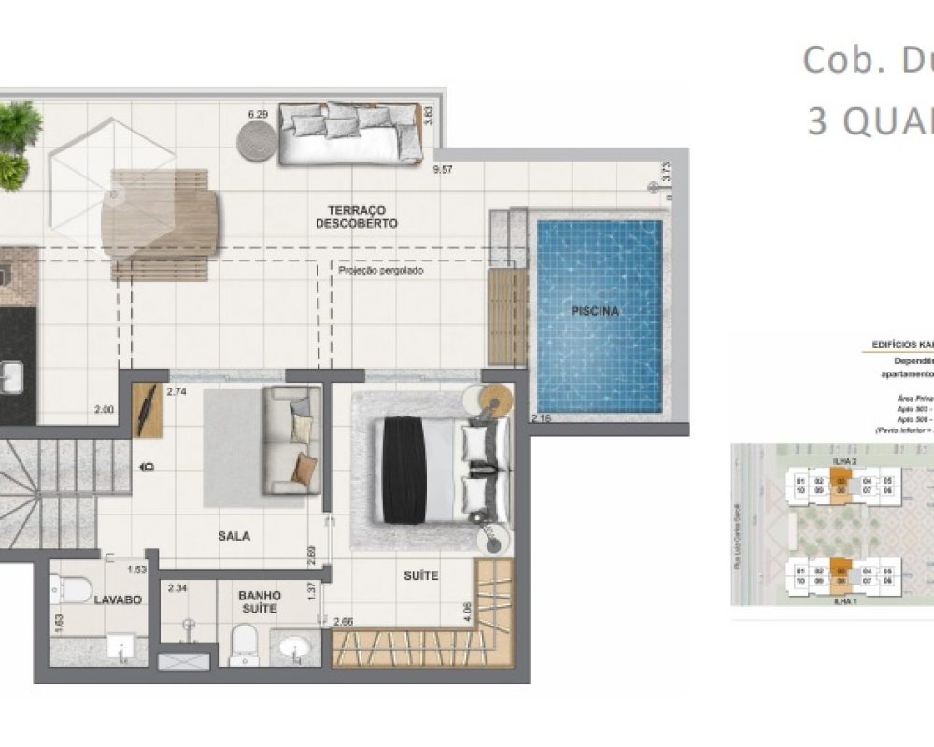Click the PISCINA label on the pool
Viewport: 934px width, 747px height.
pos(596,311)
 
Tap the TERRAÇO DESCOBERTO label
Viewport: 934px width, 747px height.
pos(357,217)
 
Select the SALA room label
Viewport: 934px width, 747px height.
pos(233,536)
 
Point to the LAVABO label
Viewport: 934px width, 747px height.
pos(118,599)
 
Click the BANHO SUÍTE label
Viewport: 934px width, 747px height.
pos(260,601)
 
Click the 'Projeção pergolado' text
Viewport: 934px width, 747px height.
pos(381,270)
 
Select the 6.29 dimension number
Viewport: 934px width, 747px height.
pos(258,114)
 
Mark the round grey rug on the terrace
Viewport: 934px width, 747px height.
pos(257,142)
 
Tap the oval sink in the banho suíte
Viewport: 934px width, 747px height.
pos(296,648)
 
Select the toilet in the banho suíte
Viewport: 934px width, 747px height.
pos(244,643)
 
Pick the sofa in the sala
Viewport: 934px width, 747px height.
pos(291,439)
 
